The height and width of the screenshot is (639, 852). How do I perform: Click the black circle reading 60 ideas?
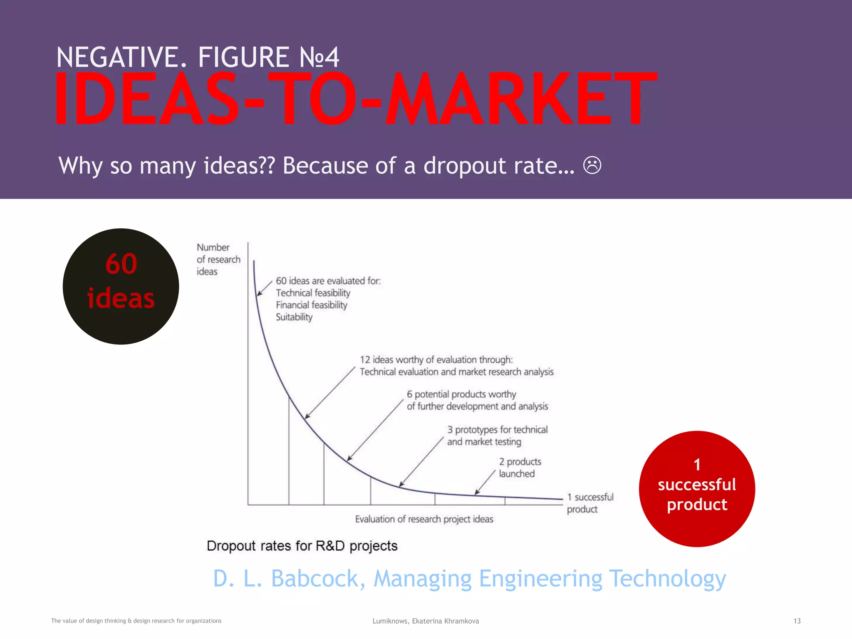(x=121, y=286)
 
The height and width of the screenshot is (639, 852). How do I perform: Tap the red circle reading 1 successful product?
(x=697, y=488)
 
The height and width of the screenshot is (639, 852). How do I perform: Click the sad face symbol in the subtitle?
(x=592, y=165)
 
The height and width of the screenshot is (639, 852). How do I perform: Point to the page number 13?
(x=797, y=621)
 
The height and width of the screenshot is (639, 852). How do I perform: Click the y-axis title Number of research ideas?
(x=218, y=259)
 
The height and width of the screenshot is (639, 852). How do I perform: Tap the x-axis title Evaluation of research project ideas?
(x=424, y=519)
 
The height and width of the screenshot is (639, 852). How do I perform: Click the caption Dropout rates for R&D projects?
(x=302, y=546)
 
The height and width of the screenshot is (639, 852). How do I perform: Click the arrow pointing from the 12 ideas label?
(x=330, y=392)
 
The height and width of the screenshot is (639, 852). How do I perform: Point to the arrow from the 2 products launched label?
(x=485, y=482)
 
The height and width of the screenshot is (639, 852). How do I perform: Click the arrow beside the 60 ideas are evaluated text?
(x=265, y=288)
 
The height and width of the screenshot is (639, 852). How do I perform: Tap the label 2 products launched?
(x=520, y=468)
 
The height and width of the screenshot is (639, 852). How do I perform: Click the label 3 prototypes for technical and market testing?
(x=497, y=436)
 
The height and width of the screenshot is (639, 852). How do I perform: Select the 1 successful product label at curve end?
(x=590, y=503)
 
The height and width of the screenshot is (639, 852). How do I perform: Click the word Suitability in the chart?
(x=294, y=317)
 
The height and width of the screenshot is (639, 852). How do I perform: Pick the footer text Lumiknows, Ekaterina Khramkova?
(x=426, y=621)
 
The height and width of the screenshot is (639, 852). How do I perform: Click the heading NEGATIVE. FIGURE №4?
(x=198, y=57)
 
